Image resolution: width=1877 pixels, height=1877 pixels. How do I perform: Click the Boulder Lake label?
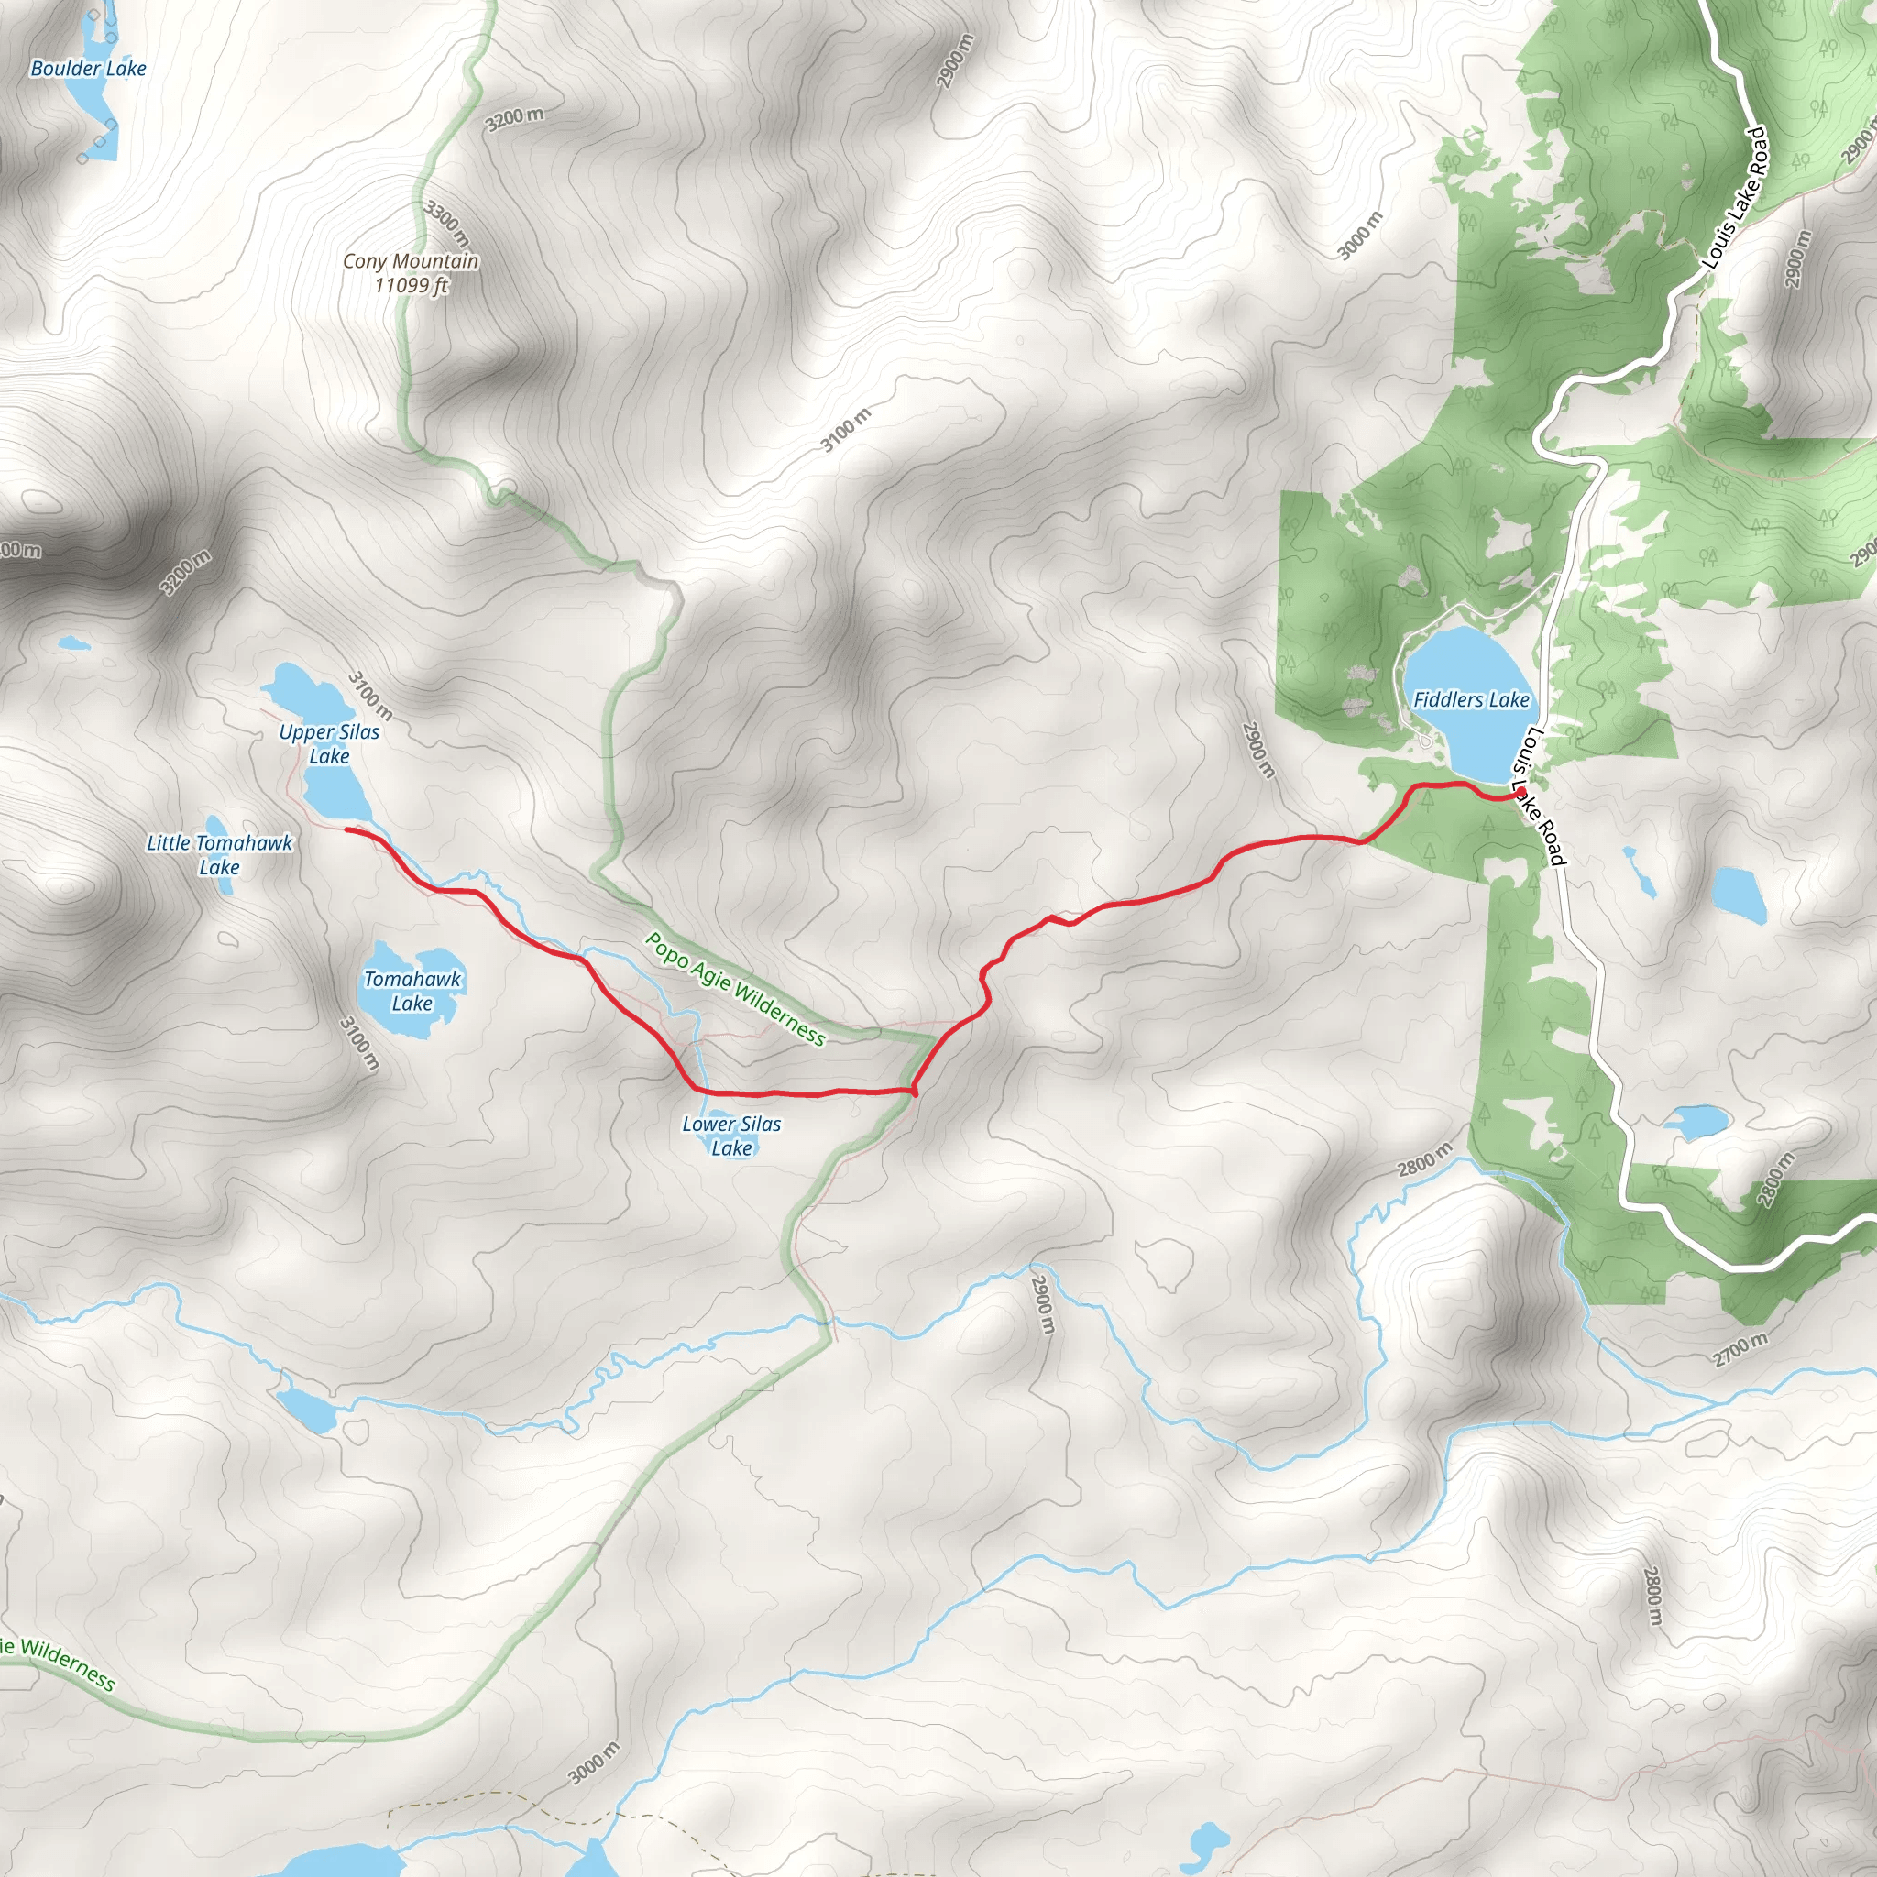[88, 68]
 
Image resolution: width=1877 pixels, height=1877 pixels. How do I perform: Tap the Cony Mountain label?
[411, 273]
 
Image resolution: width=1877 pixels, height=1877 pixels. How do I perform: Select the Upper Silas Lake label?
[329, 743]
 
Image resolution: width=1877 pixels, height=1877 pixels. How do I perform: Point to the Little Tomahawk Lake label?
[220, 855]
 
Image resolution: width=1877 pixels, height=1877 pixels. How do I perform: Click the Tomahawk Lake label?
[412, 991]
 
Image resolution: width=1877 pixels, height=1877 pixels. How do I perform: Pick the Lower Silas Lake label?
[731, 1136]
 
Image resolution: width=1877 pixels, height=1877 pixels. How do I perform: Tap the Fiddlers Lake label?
[1471, 699]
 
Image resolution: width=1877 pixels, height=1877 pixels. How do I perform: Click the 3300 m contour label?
[447, 223]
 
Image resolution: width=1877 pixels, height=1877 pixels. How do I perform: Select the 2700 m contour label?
[1741, 1349]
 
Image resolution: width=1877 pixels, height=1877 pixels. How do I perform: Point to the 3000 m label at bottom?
[594, 1762]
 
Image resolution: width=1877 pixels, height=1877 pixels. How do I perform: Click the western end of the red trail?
[347, 829]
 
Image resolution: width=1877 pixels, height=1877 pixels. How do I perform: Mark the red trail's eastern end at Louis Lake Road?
[1519, 794]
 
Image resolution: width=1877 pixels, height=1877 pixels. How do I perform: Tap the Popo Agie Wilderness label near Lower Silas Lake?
[735, 989]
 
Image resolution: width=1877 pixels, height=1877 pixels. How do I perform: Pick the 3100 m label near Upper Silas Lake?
[370, 696]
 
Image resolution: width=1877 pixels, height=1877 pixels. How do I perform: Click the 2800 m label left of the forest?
[1425, 1159]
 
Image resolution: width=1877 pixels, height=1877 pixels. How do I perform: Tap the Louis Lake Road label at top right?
[1734, 198]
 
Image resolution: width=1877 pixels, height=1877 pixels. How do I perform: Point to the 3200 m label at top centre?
[515, 118]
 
